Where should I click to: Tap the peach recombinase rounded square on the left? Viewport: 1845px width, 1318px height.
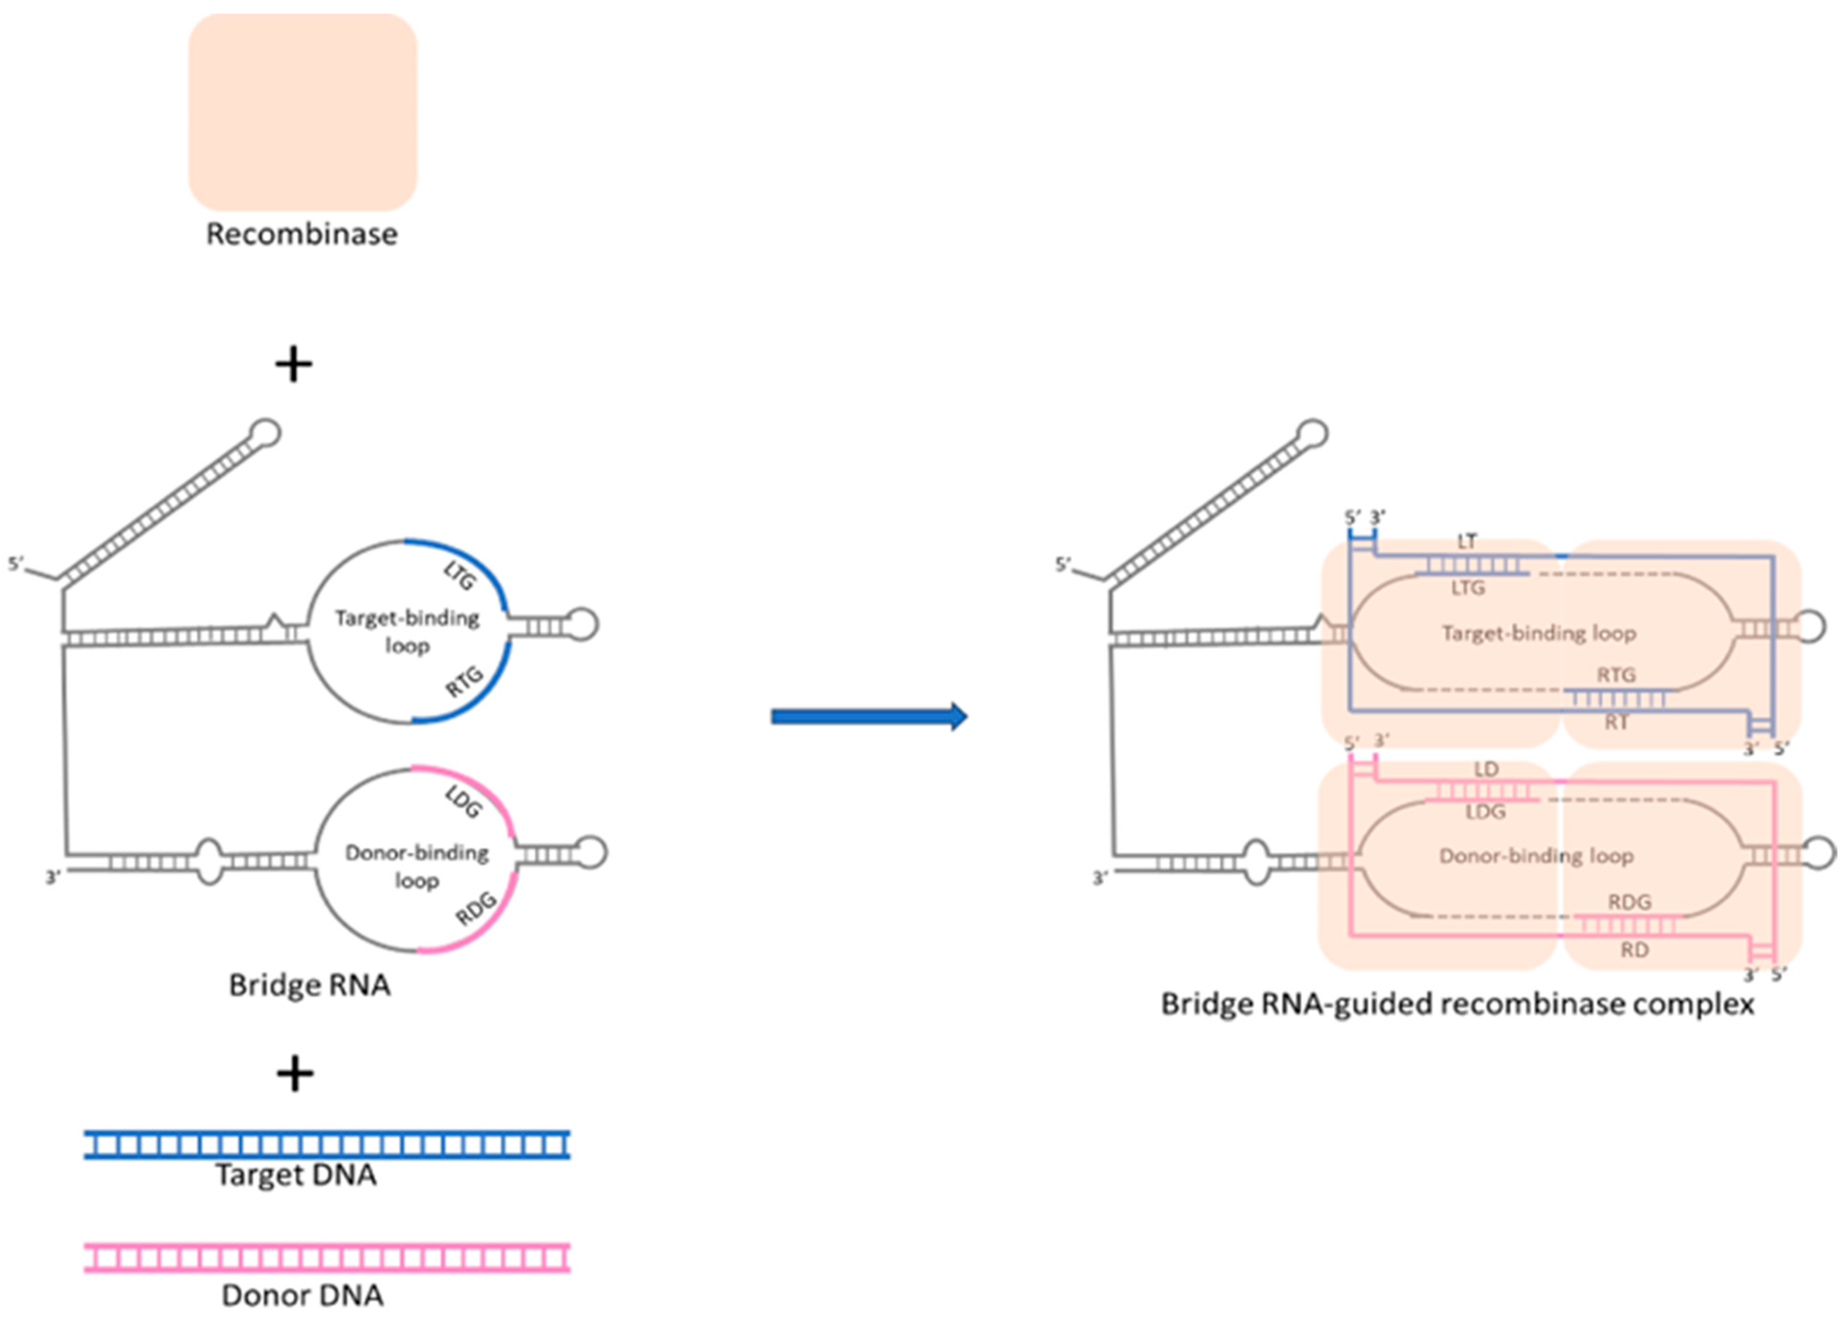tap(302, 112)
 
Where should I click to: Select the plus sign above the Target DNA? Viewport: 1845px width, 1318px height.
tap(295, 1074)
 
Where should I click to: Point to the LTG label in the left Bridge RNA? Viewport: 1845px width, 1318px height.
tap(459, 577)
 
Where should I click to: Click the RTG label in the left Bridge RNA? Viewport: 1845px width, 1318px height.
tap(465, 682)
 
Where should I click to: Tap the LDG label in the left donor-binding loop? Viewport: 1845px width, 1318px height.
tap(464, 802)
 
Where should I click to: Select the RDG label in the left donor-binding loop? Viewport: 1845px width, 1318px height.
tap(476, 908)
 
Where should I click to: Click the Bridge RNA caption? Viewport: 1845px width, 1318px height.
tap(309, 985)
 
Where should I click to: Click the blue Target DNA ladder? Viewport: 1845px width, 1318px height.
tap(326, 1144)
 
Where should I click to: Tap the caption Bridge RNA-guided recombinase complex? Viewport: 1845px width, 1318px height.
tap(1457, 1004)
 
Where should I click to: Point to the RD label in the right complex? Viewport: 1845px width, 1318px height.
tap(1634, 949)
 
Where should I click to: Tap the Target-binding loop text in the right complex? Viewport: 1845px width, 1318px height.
tap(1538, 633)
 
